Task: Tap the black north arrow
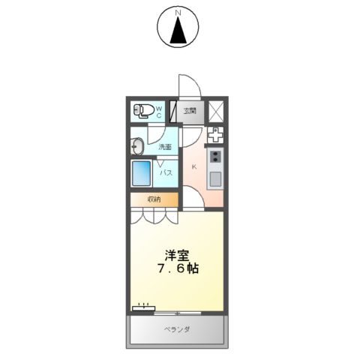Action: click(x=179, y=31)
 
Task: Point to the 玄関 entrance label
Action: click(x=189, y=112)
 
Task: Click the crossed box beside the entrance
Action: click(x=215, y=111)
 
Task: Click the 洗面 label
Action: click(x=165, y=147)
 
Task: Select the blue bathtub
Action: click(x=142, y=175)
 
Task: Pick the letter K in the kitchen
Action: click(x=193, y=166)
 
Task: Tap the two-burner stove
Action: click(x=215, y=157)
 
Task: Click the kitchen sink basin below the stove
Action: click(x=215, y=178)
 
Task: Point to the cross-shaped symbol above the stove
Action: click(x=215, y=136)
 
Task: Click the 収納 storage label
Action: click(x=154, y=199)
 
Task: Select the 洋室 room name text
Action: click(x=178, y=253)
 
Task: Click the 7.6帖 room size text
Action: click(x=178, y=268)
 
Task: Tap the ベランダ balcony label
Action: click(x=178, y=329)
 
